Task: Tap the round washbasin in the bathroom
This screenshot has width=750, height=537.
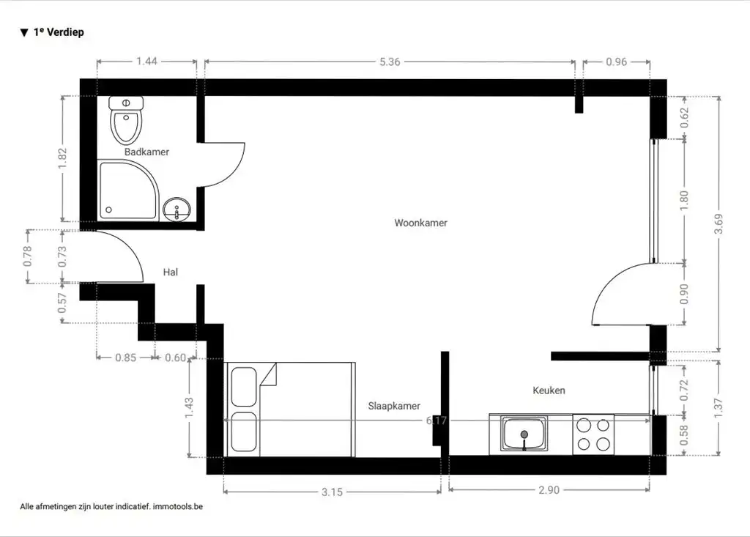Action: pos(177,210)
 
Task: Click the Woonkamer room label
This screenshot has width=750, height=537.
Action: pos(420,223)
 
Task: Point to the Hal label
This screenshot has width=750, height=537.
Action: pos(171,272)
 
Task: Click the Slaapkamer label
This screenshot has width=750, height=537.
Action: pos(394,406)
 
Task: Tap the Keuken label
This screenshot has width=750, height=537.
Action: pos(549,390)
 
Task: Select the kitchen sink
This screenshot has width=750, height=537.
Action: pos(524,434)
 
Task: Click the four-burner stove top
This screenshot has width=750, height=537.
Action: pos(593,434)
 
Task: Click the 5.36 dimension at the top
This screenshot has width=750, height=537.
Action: pos(390,62)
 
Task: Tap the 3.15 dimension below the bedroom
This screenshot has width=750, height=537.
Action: pos(332,491)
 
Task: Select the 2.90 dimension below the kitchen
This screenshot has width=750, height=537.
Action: pos(548,489)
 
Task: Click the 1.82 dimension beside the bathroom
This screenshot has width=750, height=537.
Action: pos(62,158)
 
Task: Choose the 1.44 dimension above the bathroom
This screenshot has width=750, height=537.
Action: pos(146,62)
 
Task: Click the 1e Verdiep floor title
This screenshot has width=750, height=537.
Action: pos(58,32)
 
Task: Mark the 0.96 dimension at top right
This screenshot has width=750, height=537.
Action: pos(617,62)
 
